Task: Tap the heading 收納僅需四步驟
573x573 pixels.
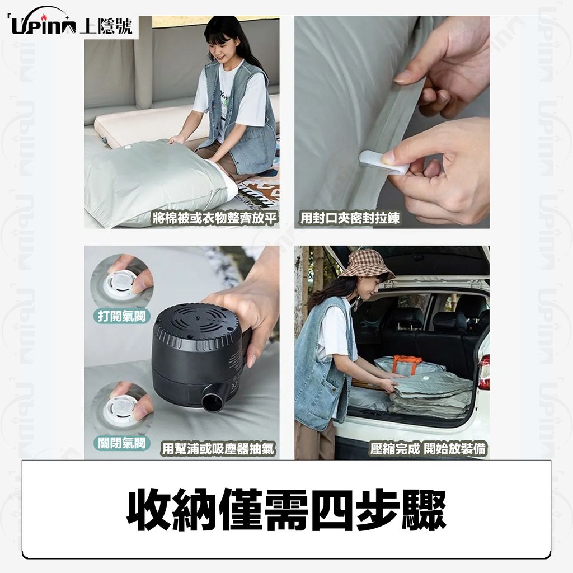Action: click(286, 510)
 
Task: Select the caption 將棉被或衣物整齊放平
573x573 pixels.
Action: click(214, 218)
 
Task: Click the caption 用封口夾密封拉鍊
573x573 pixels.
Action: click(349, 218)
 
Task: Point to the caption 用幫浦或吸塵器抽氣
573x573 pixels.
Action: click(218, 448)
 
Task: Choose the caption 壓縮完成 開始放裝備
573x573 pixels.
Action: click(428, 448)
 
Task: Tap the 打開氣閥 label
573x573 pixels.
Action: click(121, 316)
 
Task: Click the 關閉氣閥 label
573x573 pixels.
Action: click(121, 443)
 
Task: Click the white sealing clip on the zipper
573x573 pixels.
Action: click(384, 163)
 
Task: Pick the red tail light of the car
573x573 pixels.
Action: click(484, 371)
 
